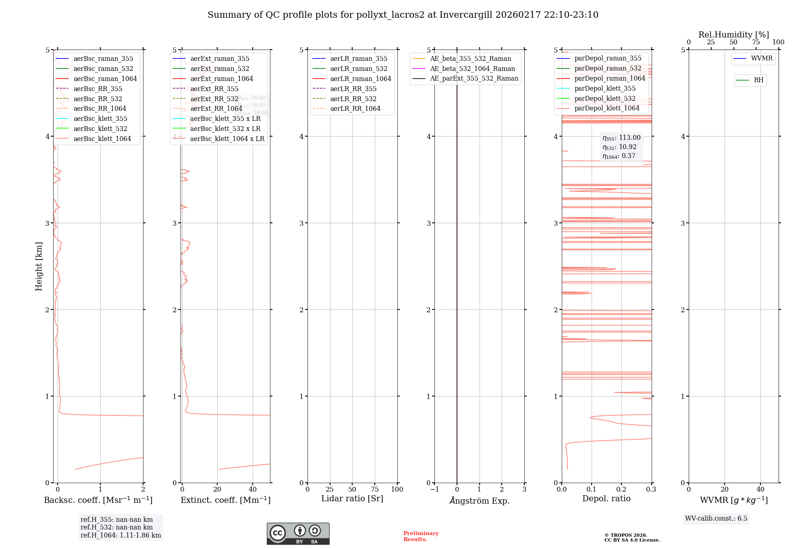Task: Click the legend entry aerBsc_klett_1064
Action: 102,139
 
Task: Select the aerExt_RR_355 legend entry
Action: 214,89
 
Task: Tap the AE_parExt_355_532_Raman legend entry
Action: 474,78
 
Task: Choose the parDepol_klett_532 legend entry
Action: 604,98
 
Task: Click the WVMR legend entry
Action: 761,58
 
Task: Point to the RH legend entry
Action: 758,80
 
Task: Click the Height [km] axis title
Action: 39,266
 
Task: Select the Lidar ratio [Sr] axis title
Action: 352,498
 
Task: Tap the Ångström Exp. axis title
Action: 480,500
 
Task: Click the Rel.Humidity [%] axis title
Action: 733,35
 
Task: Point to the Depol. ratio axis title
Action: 607,498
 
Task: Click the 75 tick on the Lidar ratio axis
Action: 375,489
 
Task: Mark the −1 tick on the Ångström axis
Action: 434,489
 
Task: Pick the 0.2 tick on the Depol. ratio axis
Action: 621,489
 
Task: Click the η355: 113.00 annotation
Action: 621,138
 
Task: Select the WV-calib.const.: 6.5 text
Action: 716,518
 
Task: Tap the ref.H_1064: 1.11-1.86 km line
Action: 120,536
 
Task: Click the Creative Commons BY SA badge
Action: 298,533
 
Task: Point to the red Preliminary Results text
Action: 421,536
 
